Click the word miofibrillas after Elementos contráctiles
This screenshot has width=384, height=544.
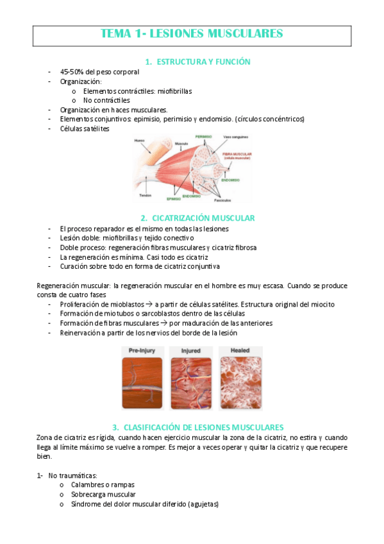pyautogui.click(x=174, y=91)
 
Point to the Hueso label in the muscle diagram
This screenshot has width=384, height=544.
pyautogui.click(x=139, y=140)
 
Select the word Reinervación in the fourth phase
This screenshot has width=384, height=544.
pyautogui.click(x=81, y=333)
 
